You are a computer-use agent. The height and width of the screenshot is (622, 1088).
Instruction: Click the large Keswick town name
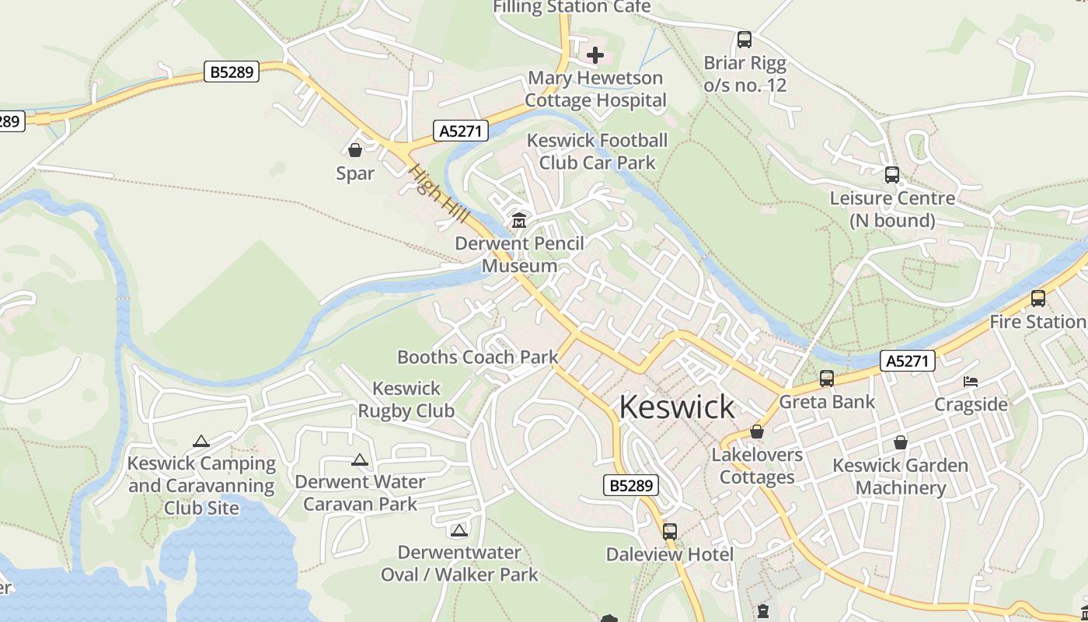[676, 407]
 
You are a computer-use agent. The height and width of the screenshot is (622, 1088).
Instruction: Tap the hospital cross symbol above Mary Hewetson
[595, 55]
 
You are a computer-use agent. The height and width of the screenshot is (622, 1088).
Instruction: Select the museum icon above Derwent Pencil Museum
[518, 221]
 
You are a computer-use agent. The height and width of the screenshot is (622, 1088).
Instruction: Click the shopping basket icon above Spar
[355, 150]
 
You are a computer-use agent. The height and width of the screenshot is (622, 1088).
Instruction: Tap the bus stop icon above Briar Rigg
[745, 40]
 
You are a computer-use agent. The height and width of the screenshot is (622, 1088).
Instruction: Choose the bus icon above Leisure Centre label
[892, 176]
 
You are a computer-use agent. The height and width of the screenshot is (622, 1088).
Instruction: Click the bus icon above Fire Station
[1038, 299]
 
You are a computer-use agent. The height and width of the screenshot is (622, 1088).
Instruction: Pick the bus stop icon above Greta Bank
[827, 379]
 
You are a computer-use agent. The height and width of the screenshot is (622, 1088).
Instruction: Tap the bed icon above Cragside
[971, 382]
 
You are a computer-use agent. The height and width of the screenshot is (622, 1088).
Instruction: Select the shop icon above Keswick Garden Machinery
[901, 443]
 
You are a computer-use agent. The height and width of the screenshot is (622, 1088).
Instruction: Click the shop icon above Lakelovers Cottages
[757, 432]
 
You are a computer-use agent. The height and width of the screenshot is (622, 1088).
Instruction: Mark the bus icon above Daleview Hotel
[670, 532]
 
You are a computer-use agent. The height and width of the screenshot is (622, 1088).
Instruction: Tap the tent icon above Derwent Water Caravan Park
[359, 460]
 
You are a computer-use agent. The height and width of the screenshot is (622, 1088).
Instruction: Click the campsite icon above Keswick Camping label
[201, 441]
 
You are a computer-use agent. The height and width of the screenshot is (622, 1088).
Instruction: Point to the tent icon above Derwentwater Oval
[459, 530]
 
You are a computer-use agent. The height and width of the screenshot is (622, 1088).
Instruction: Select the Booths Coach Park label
[477, 357]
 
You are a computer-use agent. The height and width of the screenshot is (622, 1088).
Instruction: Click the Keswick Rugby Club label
[406, 399]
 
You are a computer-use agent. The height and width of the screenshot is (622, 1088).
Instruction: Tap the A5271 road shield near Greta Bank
[907, 361]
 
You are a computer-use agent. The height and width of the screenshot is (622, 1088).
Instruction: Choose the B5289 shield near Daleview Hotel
[631, 486]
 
